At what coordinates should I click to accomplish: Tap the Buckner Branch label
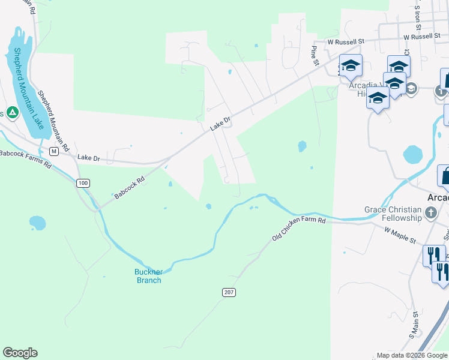148,276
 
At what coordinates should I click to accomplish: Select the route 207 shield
231,292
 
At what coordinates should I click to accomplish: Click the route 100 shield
83,182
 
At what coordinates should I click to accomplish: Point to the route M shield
53,151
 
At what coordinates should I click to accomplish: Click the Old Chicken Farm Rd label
298,229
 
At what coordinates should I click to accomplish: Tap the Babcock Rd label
130,188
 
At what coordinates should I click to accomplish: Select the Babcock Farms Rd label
25,158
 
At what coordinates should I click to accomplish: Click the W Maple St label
400,235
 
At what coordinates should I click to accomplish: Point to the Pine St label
313,55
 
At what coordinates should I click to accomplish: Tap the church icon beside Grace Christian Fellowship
430,212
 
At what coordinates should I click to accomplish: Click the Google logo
20,353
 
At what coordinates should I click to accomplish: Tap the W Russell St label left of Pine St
345,42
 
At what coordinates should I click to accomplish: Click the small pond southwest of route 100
37,223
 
